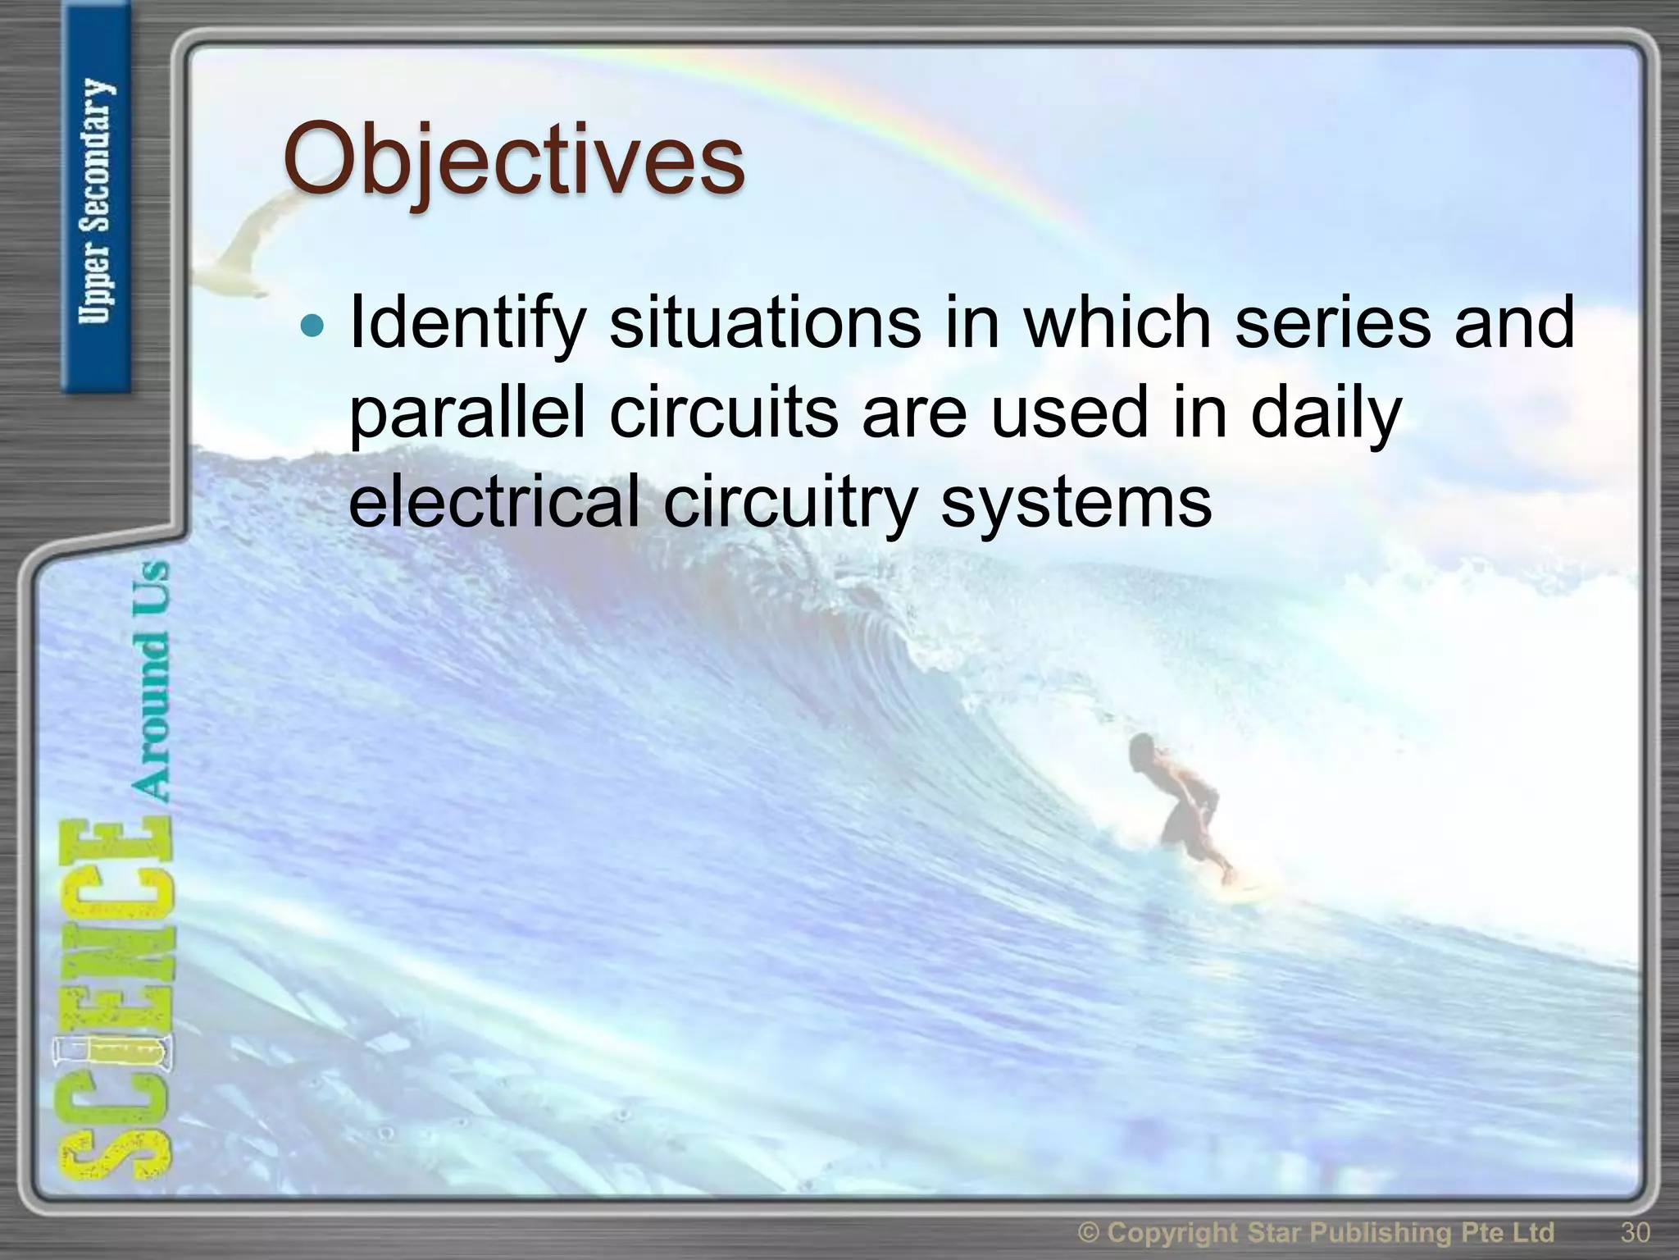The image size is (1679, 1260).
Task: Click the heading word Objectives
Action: [514, 160]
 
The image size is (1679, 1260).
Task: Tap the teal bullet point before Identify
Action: [312, 326]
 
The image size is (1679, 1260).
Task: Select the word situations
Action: [764, 322]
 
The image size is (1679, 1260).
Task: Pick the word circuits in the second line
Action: [724, 413]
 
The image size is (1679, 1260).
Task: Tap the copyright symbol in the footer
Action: [1089, 1233]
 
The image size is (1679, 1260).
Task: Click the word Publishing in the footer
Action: [1406, 1232]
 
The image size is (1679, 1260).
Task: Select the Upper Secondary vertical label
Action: [97, 201]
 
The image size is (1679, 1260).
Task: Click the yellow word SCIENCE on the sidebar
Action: [115, 1001]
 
